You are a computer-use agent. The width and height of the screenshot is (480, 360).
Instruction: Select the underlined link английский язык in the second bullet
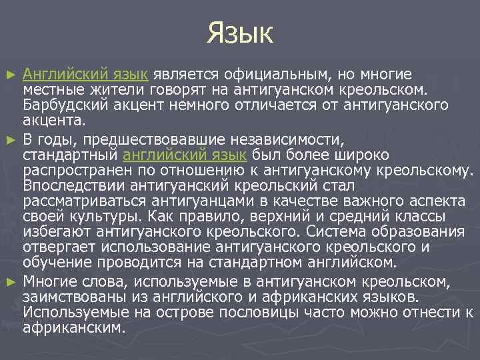[186, 155]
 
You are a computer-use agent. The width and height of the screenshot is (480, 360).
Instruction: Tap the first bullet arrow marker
[9, 74]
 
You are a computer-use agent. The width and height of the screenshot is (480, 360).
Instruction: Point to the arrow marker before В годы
[9, 139]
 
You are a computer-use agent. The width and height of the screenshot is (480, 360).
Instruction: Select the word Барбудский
[59, 106]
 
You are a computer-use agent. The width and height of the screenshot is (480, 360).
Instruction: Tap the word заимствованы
[66, 296]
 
